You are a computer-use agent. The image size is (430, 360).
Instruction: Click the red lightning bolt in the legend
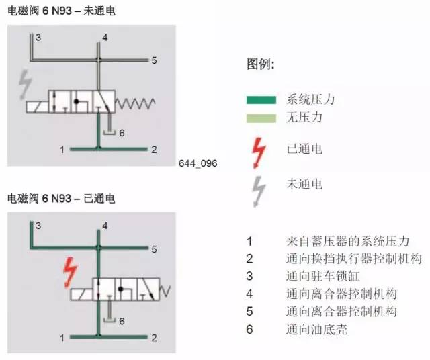point(259,153)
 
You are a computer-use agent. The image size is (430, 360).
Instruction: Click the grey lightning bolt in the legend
point(259,191)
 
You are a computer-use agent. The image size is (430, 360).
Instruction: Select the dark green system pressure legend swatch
point(261,100)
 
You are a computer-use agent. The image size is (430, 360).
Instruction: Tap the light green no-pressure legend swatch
point(261,118)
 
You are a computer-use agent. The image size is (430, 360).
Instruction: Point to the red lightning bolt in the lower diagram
point(71,273)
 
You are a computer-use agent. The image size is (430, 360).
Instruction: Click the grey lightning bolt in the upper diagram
point(26,84)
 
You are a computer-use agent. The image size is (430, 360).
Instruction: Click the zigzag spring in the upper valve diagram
point(135,103)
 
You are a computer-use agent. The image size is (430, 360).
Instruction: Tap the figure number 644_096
point(198,163)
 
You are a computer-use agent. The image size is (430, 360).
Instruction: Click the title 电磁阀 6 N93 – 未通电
point(61,11)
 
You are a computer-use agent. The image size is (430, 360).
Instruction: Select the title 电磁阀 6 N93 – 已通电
point(61,199)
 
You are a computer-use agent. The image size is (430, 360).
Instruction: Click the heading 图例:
point(261,64)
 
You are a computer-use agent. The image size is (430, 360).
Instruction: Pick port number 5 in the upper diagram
point(154,60)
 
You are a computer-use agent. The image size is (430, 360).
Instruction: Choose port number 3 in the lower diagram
point(38,226)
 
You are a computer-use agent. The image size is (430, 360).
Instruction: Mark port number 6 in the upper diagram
point(122,133)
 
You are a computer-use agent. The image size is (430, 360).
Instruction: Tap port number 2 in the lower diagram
point(154,338)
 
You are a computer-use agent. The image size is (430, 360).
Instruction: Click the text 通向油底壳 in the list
point(316,329)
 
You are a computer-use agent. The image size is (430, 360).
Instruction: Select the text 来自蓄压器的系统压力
point(348,241)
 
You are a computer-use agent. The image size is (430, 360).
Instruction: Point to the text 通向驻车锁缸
point(323,276)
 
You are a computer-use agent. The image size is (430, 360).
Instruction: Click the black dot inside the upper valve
point(77,101)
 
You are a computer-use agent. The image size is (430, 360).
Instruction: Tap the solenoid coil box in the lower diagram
point(81,294)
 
